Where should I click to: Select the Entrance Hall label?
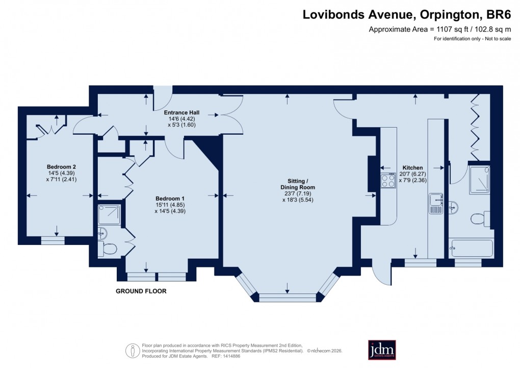(x=181, y=112)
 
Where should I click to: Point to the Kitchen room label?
(x=412, y=167)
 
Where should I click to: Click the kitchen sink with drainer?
(x=436, y=203)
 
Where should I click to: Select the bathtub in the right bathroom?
(x=472, y=249)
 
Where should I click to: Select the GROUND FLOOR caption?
(x=141, y=291)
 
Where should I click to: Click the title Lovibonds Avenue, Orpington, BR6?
(x=406, y=15)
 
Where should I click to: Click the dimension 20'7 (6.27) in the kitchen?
(x=412, y=174)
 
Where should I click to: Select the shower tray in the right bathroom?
(x=479, y=179)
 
